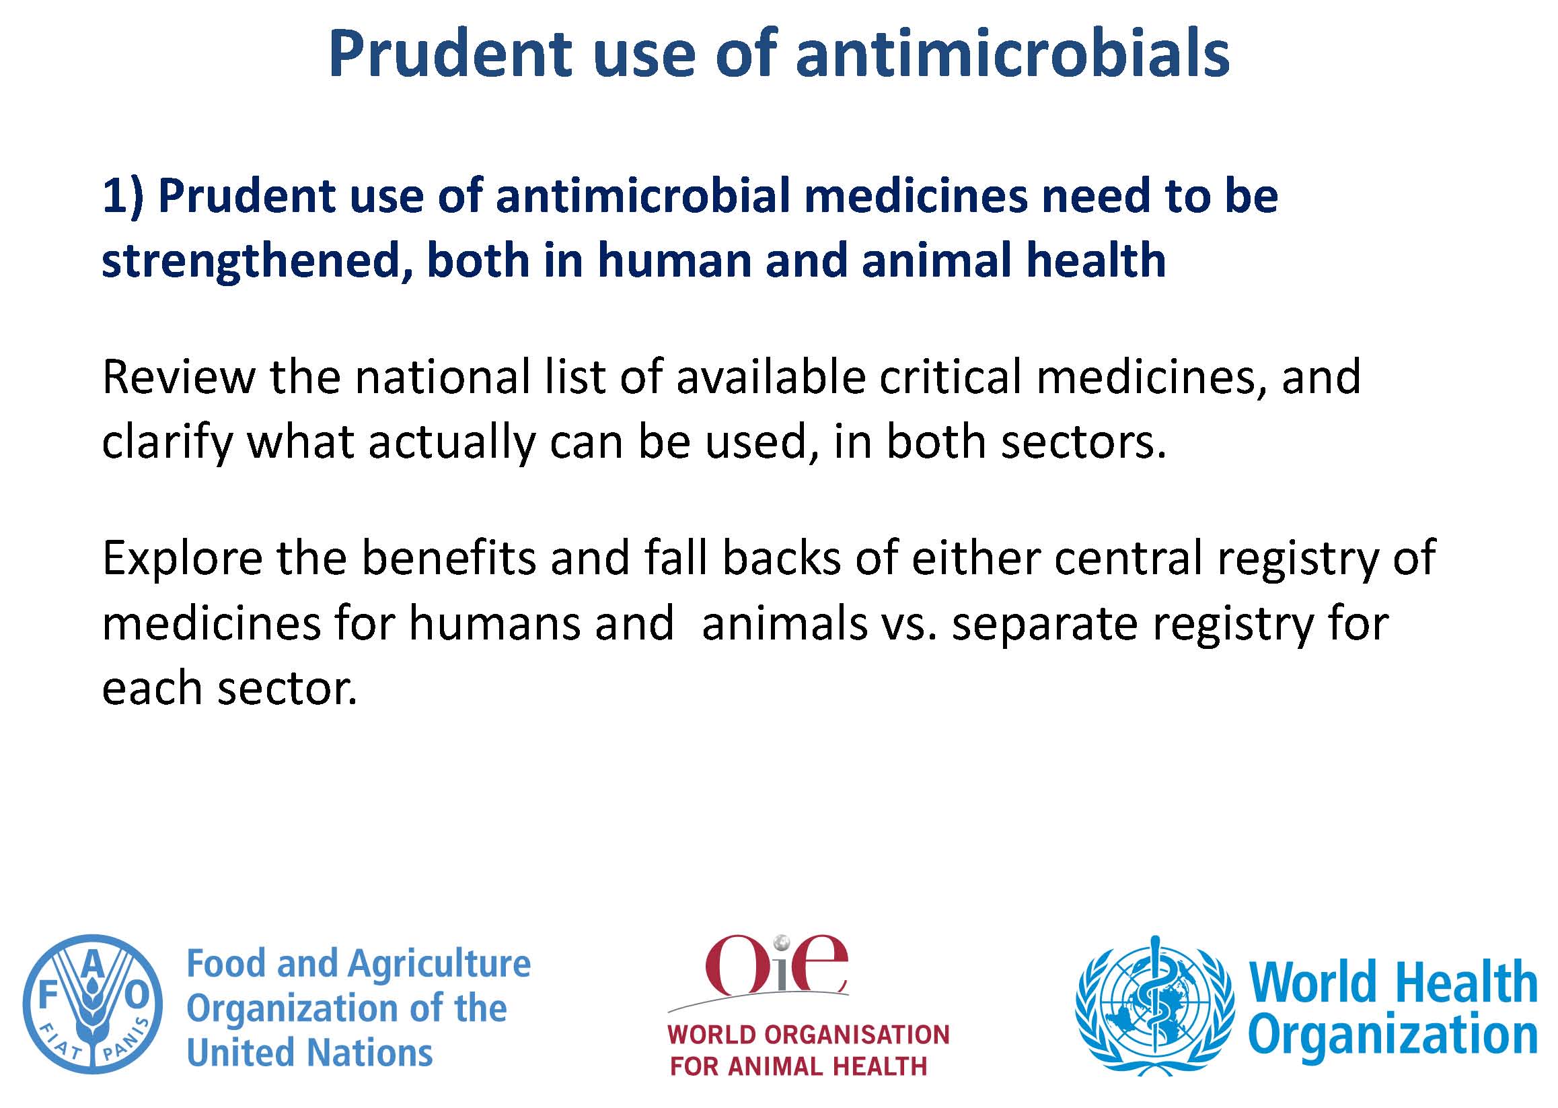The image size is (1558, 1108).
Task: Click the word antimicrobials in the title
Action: [x=1012, y=53]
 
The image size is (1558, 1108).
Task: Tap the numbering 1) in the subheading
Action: [x=123, y=197]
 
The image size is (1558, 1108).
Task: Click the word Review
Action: [x=179, y=377]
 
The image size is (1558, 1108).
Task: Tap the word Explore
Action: [x=182, y=558]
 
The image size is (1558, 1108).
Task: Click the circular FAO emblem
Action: [x=93, y=1004]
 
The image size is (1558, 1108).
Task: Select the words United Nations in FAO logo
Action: [x=309, y=1053]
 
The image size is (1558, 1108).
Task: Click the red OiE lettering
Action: [x=776, y=963]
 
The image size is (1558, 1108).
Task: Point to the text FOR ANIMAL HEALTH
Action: [x=799, y=1066]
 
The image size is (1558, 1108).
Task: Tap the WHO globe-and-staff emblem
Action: [x=1154, y=1004]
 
